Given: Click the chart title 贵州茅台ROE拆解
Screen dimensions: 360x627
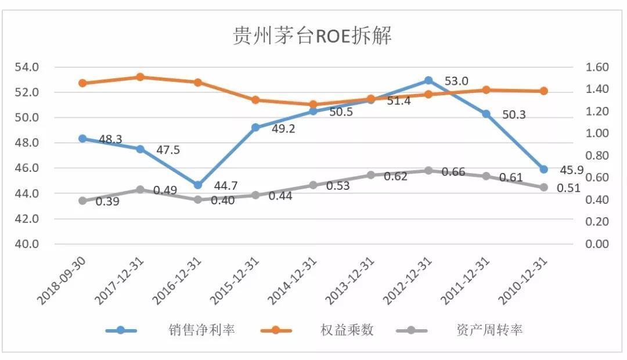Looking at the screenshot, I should tap(312, 36).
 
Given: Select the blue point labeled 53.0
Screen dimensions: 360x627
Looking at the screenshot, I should tap(428, 80).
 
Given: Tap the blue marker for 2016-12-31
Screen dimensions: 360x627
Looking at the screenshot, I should tap(198, 185).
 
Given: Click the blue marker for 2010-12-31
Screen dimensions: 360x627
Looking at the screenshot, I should tap(543, 170).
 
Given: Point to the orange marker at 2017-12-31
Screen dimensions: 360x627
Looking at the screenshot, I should tap(140, 77).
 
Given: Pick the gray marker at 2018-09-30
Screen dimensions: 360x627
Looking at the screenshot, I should tap(82, 201).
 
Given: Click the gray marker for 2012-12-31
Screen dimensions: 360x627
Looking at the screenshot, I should tap(428, 171).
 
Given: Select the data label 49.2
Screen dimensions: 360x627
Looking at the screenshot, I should tap(283, 129).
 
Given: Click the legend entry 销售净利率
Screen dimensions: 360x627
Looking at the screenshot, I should tap(200, 330).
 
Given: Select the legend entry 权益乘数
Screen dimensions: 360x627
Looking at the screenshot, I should tap(347, 330).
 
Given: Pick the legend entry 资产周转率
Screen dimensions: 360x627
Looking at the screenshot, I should tap(489, 330).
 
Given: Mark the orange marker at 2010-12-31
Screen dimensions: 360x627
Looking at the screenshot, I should tap(543, 91).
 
